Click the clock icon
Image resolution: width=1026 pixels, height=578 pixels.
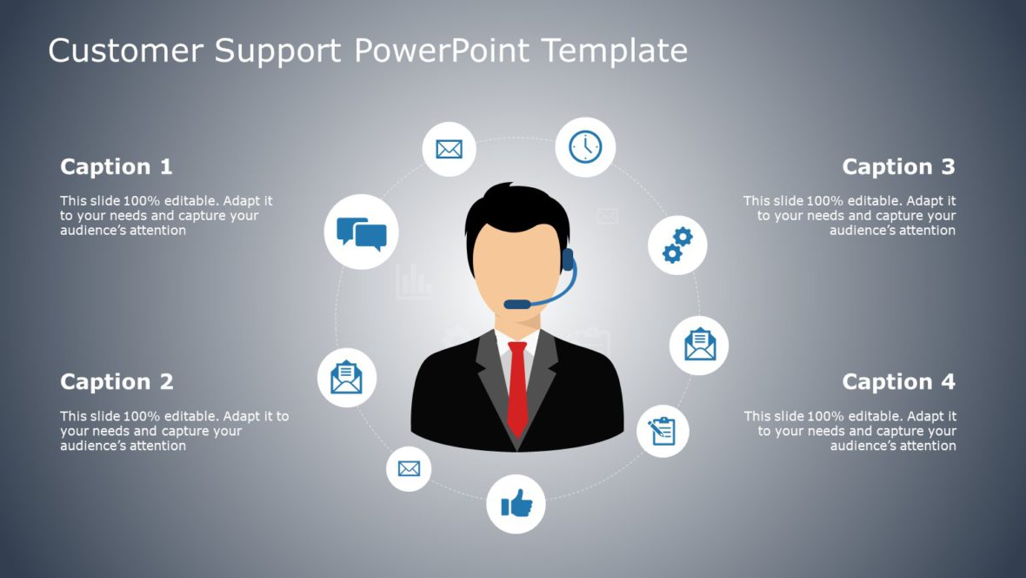pyautogui.click(x=586, y=147)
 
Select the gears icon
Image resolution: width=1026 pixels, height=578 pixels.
pyautogui.click(x=677, y=245)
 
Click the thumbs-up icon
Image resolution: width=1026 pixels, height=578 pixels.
pyautogui.click(x=516, y=503)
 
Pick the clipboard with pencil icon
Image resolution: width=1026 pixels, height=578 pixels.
pyautogui.click(x=663, y=431)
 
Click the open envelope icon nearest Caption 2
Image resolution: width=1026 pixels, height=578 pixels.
pyautogui.click(x=347, y=378)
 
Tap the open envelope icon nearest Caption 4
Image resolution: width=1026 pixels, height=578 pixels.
pyautogui.click(x=699, y=345)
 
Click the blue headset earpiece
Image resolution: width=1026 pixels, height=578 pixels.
pyautogui.click(x=567, y=259)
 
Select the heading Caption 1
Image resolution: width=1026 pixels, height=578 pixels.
pyautogui.click(x=117, y=166)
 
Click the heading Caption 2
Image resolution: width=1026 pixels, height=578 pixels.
pyautogui.click(x=117, y=381)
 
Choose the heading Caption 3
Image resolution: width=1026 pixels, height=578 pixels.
pyautogui.click(x=898, y=166)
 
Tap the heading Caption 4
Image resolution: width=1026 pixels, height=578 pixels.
pyautogui.click(x=898, y=381)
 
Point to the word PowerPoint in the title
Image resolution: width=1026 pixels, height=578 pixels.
pyautogui.click(x=441, y=50)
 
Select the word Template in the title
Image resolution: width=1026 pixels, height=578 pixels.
pyautogui.click(x=614, y=50)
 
